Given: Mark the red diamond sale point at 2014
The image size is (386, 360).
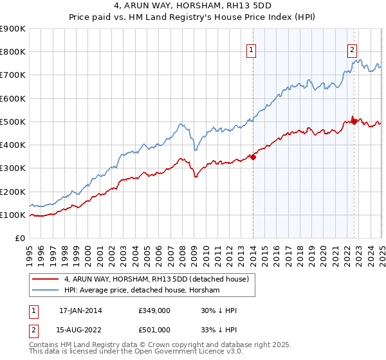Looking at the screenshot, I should coord(253,156).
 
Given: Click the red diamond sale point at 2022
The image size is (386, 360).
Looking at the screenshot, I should coord(354,121).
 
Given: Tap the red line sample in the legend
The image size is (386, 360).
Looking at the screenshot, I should coord(46,279).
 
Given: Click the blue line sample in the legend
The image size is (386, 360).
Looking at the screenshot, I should coord(46,290).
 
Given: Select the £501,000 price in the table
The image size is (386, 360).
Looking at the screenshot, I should coord(153,329).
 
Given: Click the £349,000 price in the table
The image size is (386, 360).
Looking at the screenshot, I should coord(153,310).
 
